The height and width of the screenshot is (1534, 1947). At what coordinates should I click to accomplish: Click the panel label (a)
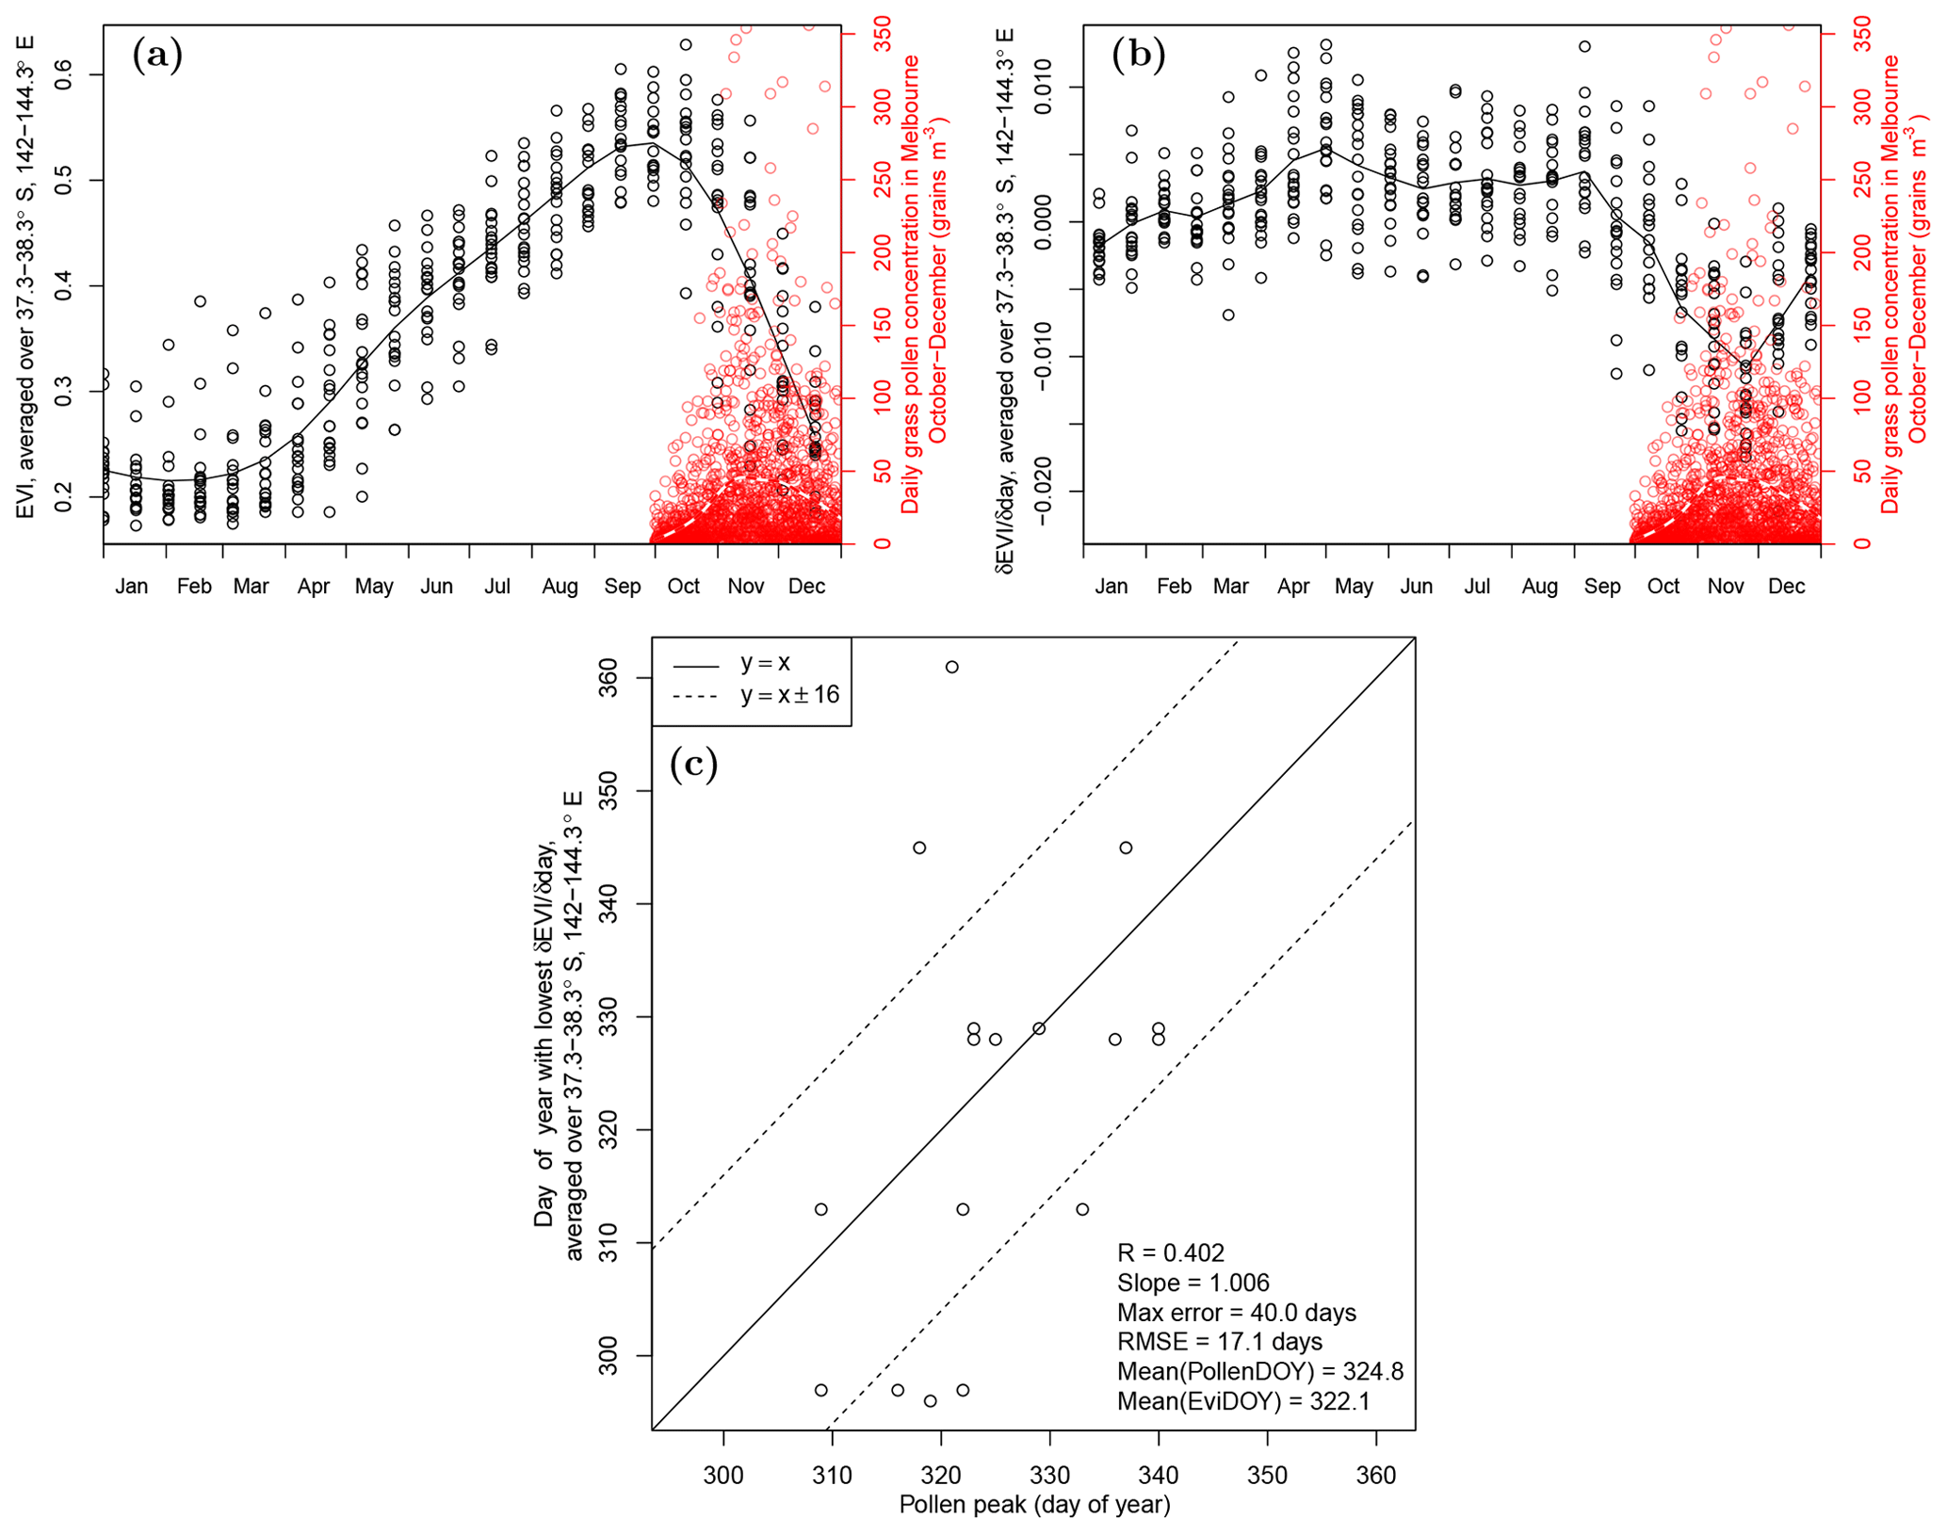coord(157,56)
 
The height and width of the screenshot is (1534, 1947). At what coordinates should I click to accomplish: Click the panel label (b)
coord(1138,56)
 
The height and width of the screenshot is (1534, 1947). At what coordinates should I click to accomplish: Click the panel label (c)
coord(693,764)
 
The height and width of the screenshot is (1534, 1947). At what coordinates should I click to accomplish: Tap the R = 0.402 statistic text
coord(1170,1252)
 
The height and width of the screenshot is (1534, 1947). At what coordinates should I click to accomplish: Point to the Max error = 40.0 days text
coord(1236,1312)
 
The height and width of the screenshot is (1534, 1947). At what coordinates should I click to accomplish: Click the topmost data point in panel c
coord(951,667)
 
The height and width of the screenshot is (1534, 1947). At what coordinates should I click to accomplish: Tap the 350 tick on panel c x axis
coord(1267,1474)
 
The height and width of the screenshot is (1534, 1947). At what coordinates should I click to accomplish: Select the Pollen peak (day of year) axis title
coord(1034,1504)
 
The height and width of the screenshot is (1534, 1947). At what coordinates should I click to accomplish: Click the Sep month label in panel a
coord(622,587)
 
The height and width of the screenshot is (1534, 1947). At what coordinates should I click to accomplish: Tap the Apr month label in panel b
coord(1292,587)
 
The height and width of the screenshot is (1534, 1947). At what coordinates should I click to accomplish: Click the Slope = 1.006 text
coord(1193,1283)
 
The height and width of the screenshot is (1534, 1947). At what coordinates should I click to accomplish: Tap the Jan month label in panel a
coord(132,587)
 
